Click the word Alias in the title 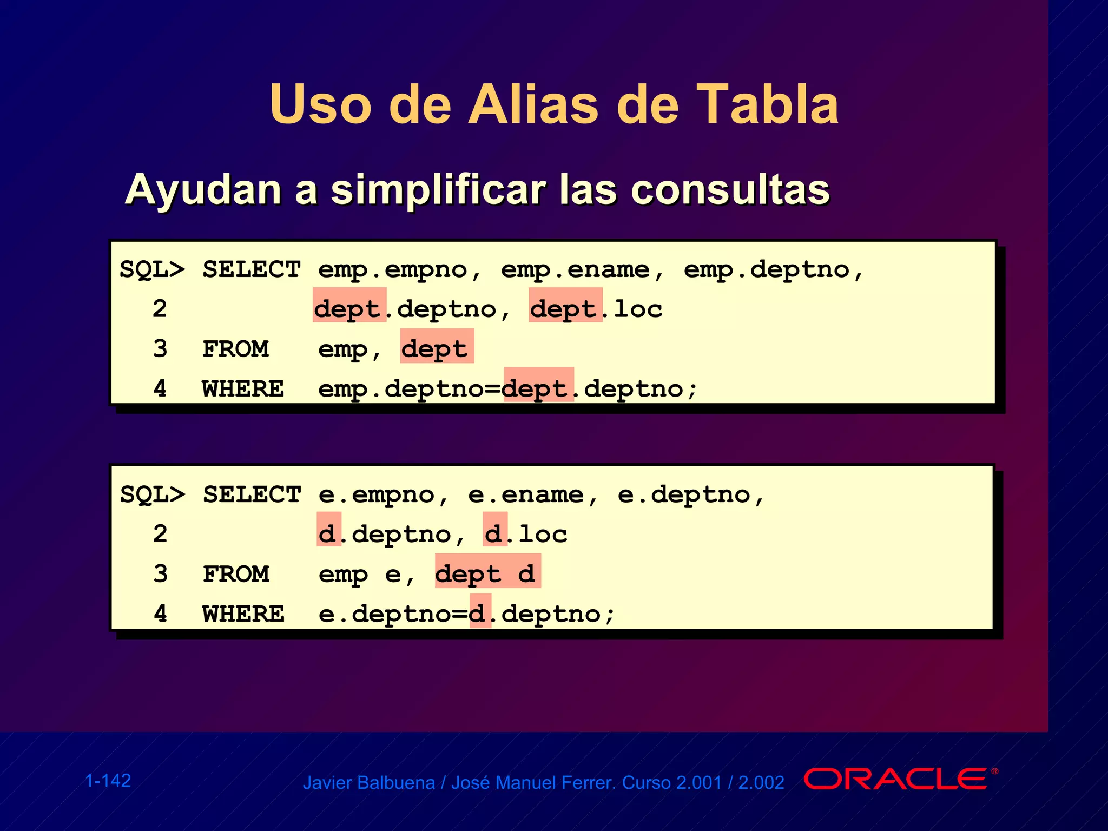click(x=533, y=104)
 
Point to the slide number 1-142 click(x=108, y=781)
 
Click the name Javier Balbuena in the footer click(x=368, y=783)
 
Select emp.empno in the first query click(x=393, y=269)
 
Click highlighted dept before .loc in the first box click(x=565, y=309)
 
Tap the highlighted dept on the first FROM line click(x=436, y=349)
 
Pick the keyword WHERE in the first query click(x=243, y=389)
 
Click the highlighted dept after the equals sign click(x=537, y=389)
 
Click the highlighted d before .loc click(x=494, y=535)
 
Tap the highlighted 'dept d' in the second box click(x=487, y=574)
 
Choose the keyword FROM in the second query click(x=236, y=574)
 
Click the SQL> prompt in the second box click(x=153, y=494)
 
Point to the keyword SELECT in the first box click(x=252, y=269)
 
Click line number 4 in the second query click(x=160, y=614)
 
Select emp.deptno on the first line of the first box click(x=767, y=269)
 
